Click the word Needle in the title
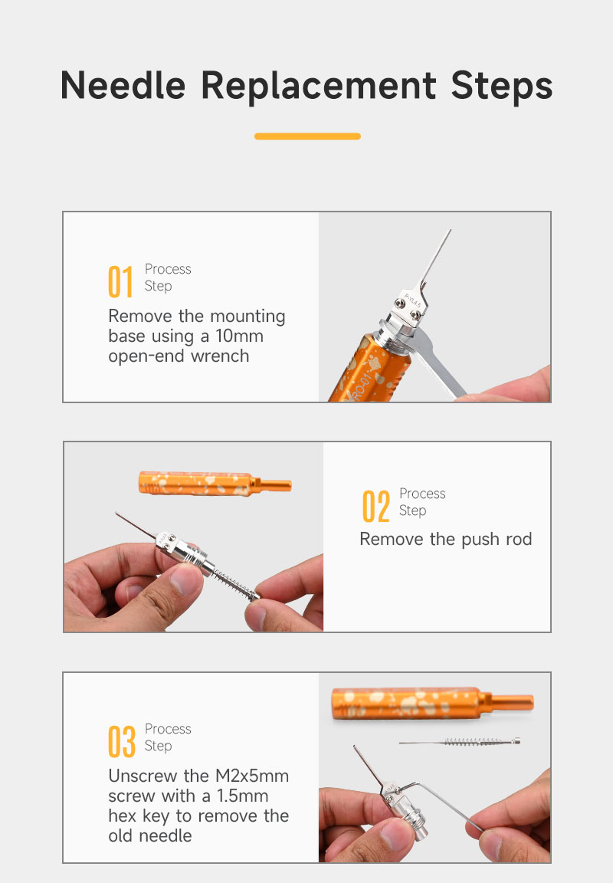pos(123,86)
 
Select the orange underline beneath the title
pos(307,136)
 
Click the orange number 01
pos(120,281)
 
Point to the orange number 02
pos(376,506)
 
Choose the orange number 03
pos(122,741)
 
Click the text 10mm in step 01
pos(239,336)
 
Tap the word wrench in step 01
pos(220,356)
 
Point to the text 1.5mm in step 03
pos(243,796)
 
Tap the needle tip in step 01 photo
pos(451,230)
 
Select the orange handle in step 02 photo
pos(215,484)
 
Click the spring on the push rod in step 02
pos(234,583)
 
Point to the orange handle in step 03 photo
pos(432,704)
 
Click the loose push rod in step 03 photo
pos(460,742)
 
